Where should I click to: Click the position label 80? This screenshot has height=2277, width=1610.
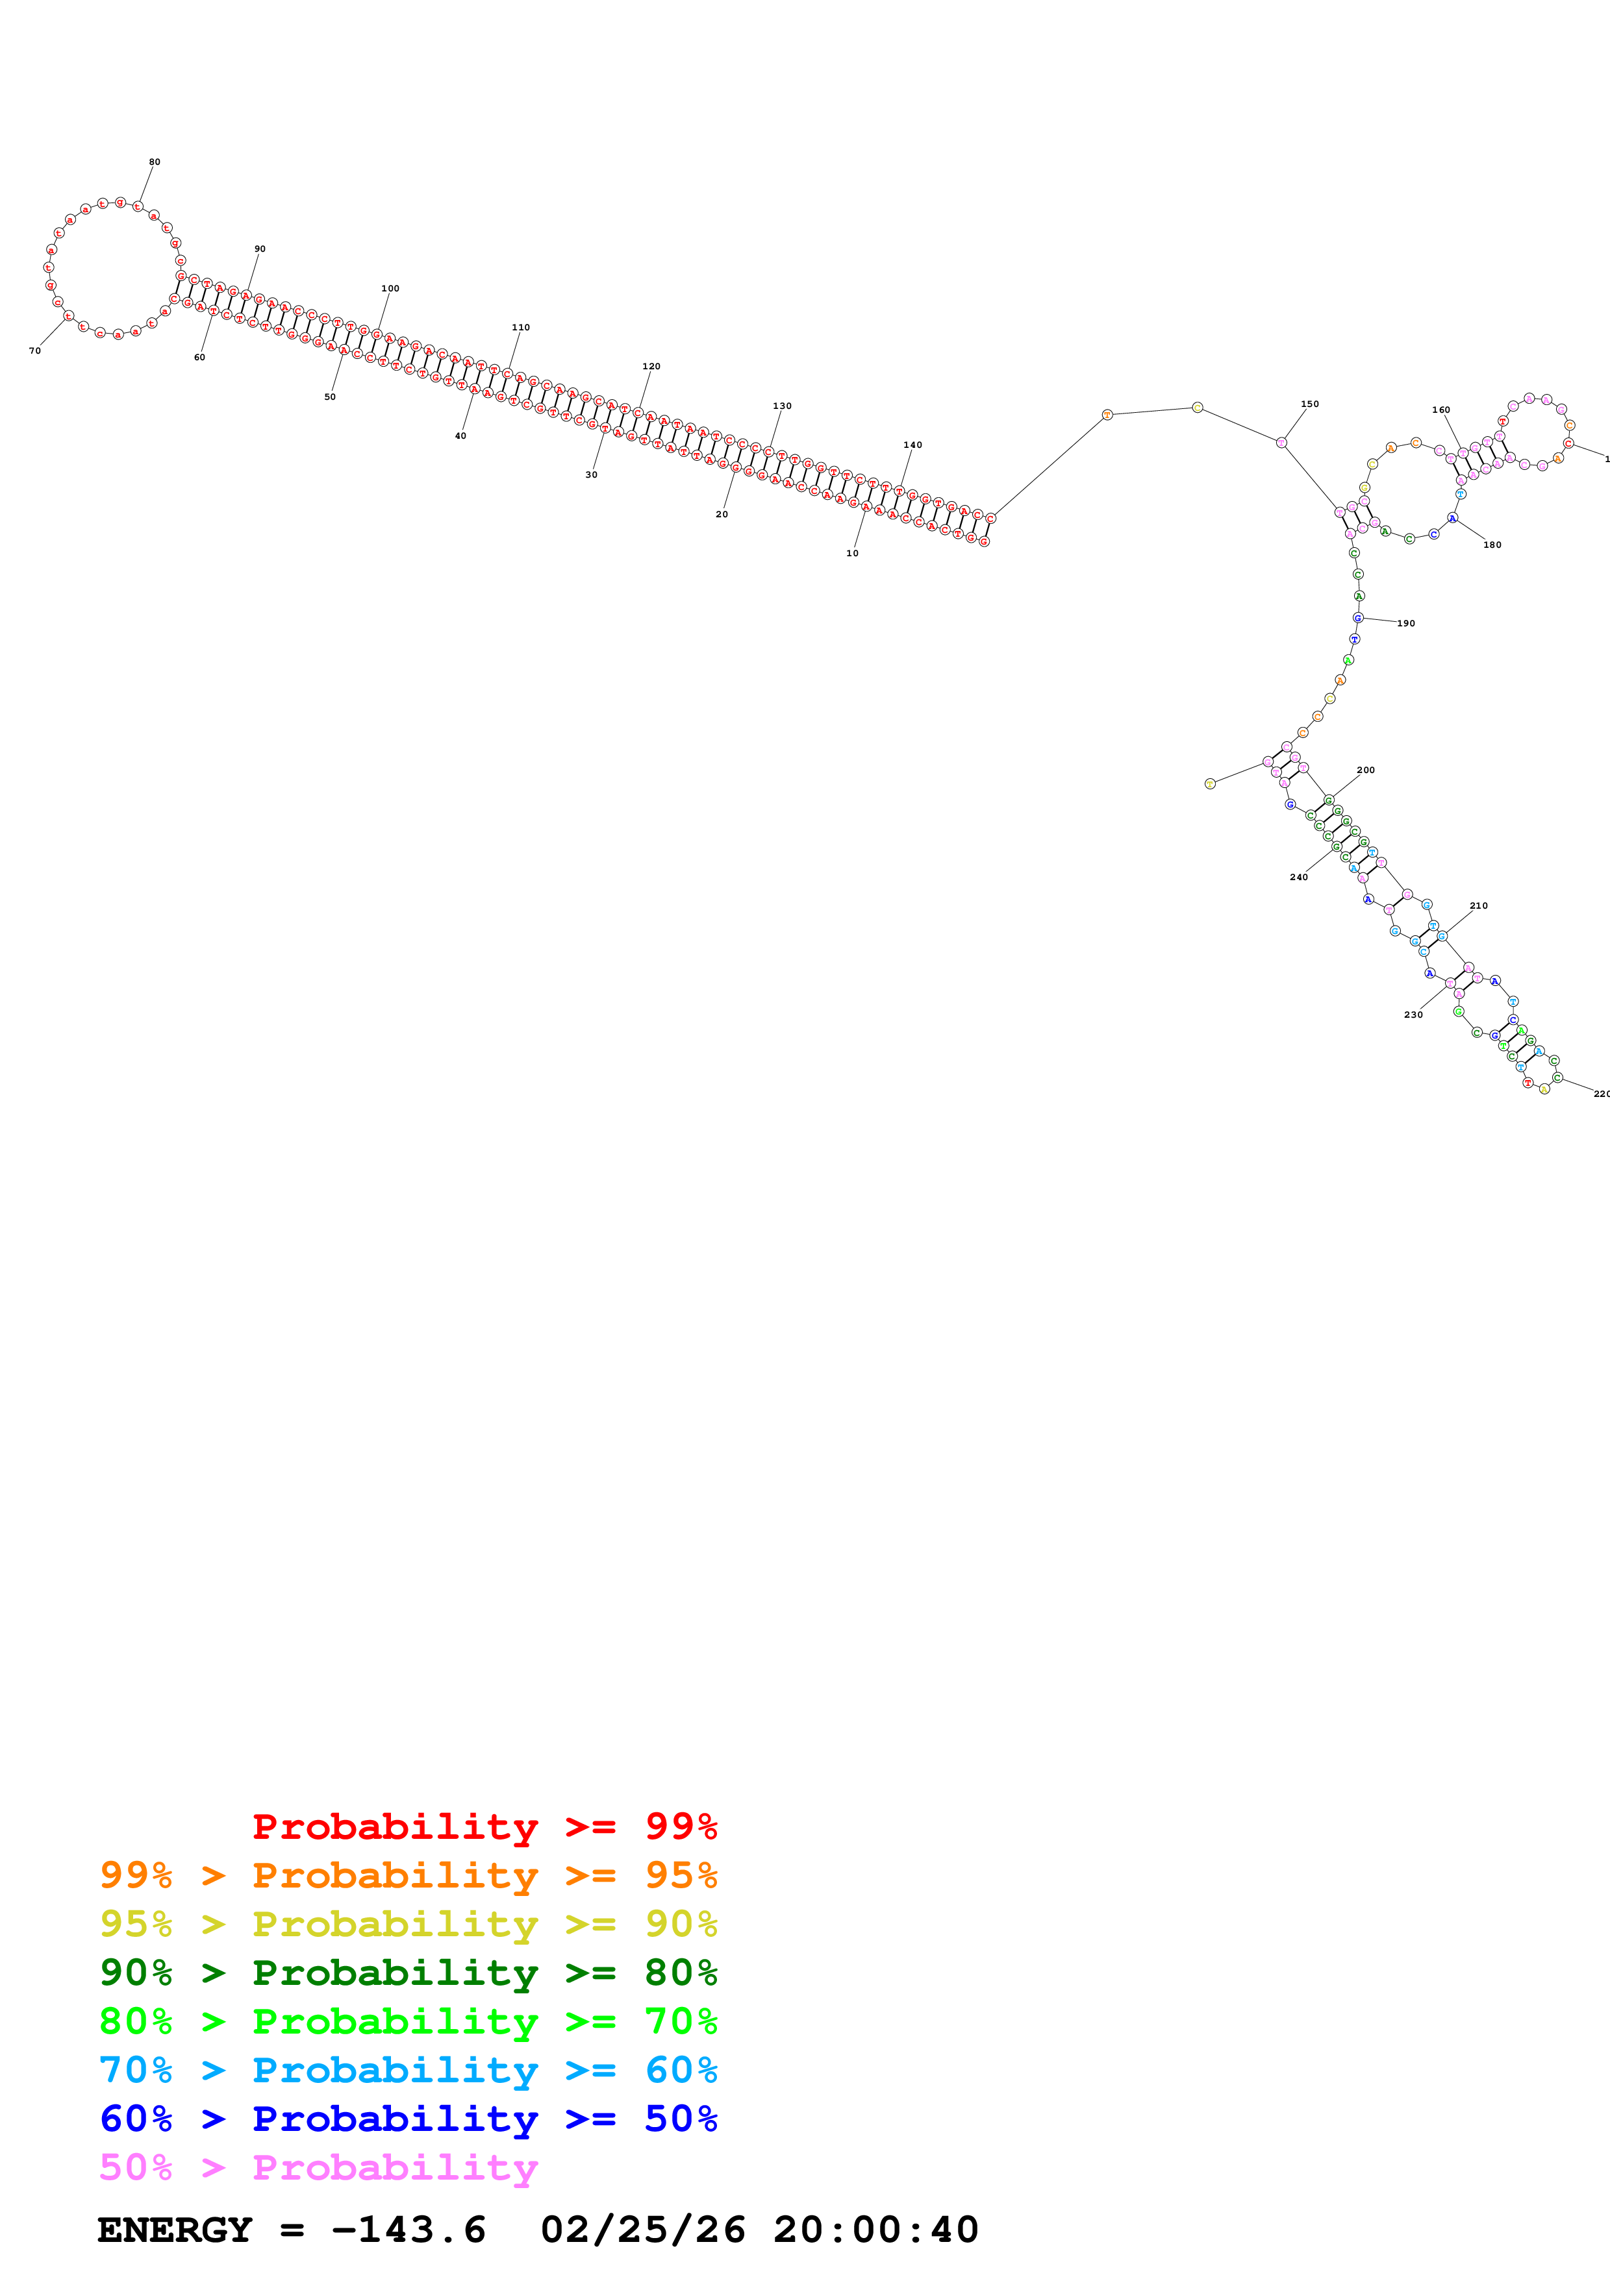point(155,162)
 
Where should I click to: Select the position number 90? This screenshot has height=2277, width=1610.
point(260,249)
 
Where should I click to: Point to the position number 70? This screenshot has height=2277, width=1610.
point(34,351)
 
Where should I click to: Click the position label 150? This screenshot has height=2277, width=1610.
point(1309,404)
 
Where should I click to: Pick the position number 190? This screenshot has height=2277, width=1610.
point(1405,623)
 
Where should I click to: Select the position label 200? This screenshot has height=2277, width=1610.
point(1366,770)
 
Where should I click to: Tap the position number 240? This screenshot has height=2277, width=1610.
point(1298,877)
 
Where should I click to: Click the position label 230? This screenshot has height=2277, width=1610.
point(1414,1015)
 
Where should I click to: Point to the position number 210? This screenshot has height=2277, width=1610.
point(1478,905)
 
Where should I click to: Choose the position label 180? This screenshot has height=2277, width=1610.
point(1492,545)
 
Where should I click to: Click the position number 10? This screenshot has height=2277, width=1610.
point(852,554)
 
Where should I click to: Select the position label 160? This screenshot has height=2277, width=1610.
point(1440,410)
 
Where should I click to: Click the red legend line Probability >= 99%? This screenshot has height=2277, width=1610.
point(484,1826)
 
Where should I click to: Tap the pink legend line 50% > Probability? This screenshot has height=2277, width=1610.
point(318,2167)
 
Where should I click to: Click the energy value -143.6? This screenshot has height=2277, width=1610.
point(409,2230)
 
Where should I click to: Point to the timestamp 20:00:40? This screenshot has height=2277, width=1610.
point(875,2230)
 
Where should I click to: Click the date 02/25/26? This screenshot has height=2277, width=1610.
point(643,2230)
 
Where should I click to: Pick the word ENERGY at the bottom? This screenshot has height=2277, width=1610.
point(175,2230)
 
